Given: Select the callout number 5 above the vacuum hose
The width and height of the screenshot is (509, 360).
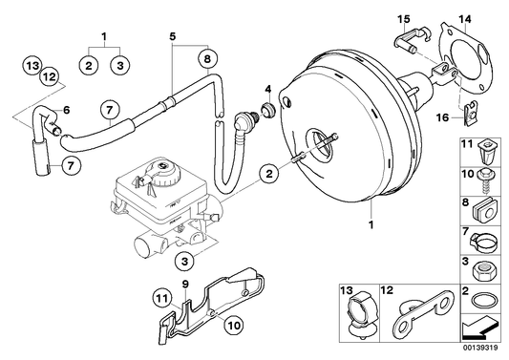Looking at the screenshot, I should [173, 39].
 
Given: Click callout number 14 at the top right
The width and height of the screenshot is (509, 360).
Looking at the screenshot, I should [465, 18].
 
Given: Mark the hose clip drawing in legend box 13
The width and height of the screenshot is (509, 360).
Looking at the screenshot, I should [360, 319].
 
